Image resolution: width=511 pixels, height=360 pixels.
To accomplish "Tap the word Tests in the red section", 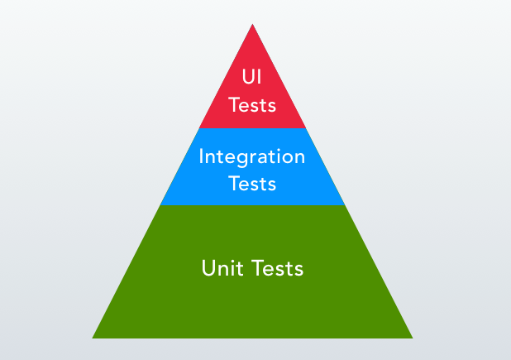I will pos(252,105).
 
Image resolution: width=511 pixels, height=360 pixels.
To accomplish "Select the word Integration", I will pos(252,156).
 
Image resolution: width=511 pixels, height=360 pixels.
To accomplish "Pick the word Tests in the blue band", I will pos(252,183).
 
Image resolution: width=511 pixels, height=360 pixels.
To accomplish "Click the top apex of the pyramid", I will pos(252,24).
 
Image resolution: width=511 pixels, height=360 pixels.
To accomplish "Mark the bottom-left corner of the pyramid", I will pos(92,338).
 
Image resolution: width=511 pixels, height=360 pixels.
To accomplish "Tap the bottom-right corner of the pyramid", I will pos(413,338).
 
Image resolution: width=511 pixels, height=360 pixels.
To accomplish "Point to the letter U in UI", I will pos(247,78).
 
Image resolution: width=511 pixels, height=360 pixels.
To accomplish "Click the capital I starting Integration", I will pos(202,156).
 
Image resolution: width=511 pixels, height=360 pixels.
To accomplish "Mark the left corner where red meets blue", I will pos(199,128).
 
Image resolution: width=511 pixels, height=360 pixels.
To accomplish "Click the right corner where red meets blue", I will pos(306,128).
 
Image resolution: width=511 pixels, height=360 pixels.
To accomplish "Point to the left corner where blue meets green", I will pos(160,204).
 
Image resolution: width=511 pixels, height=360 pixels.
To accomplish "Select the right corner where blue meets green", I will pos(345,204).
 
